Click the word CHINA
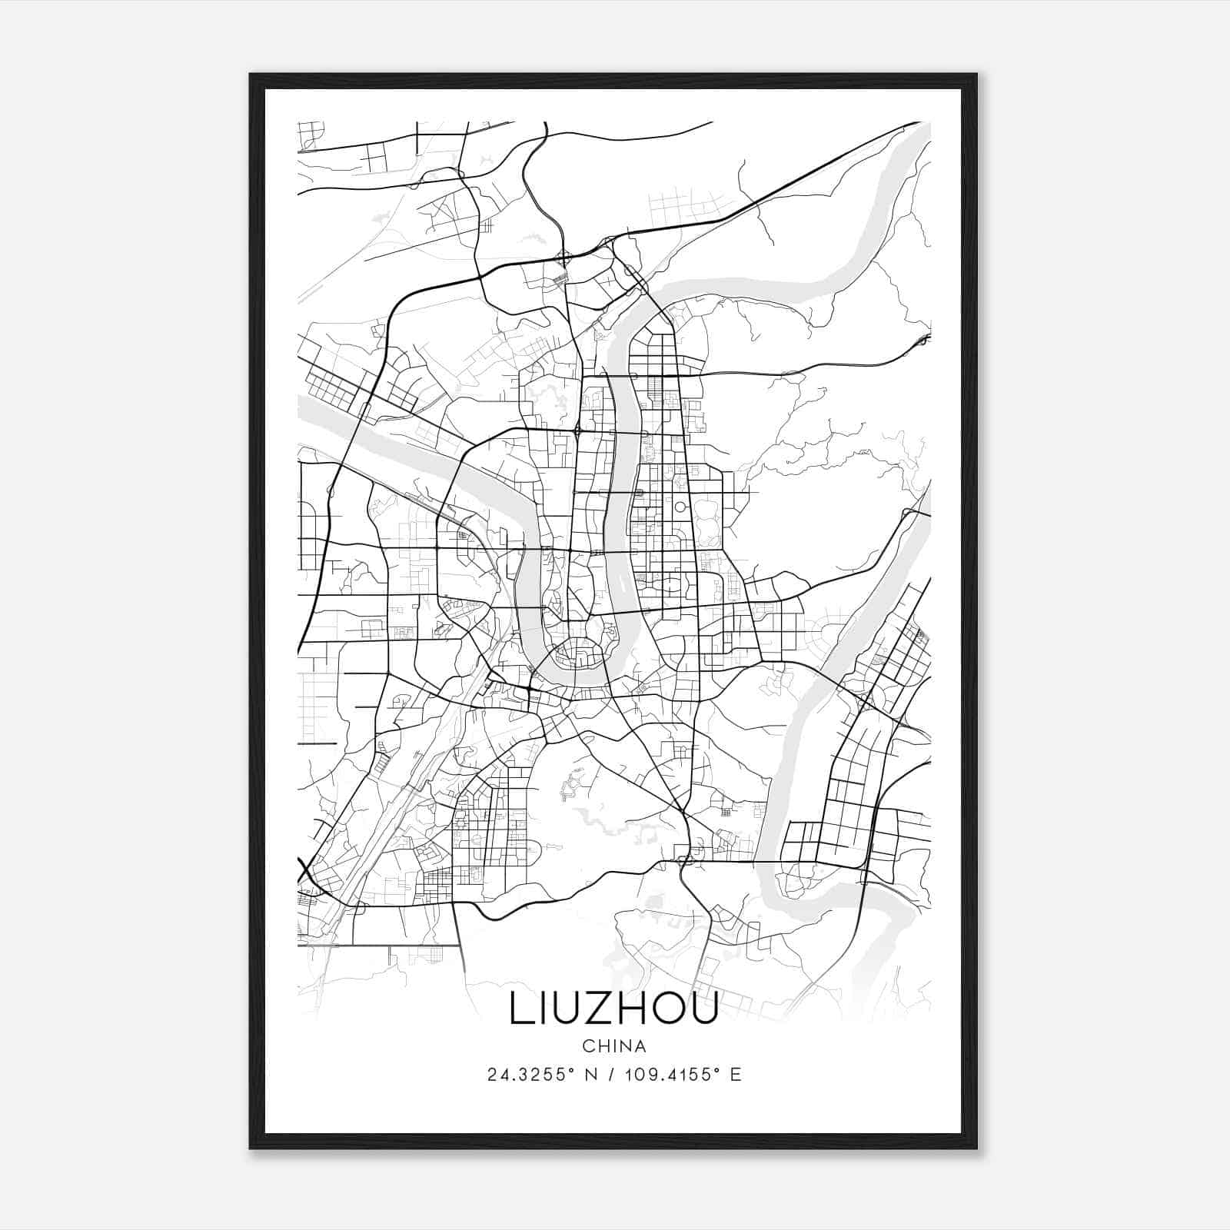click(x=614, y=1046)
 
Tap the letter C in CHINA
click(x=588, y=1046)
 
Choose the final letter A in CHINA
click(x=640, y=1046)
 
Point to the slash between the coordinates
click(x=610, y=1075)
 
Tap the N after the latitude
click(x=590, y=1075)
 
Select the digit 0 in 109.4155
click(x=637, y=1075)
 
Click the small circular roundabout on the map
click(x=680, y=507)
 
